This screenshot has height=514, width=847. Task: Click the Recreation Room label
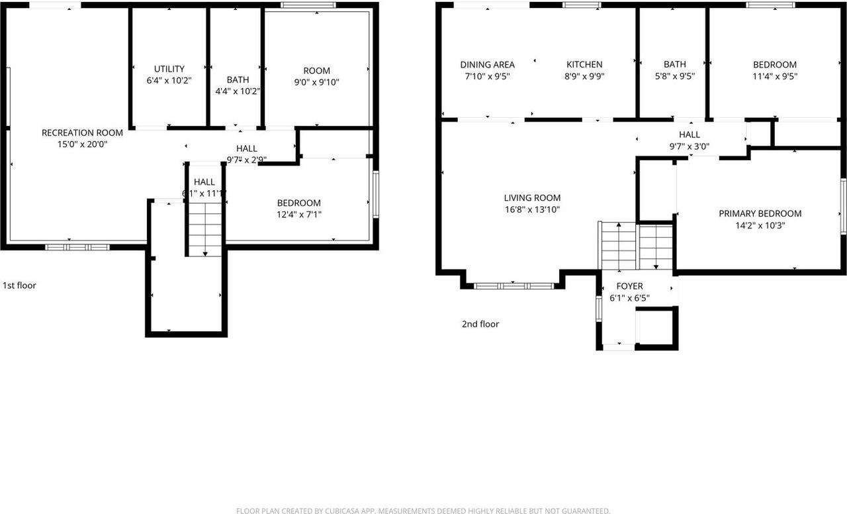(x=73, y=132)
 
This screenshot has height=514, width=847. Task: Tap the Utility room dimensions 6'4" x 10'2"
(x=169, y=80)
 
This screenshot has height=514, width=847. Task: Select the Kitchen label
(x=584, y=64)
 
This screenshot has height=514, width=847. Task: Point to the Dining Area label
(x=487, y=64)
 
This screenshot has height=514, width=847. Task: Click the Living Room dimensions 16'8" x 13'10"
(x=532, y=209)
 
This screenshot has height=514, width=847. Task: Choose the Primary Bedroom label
(x=760, y=213)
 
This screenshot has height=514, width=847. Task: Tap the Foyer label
(x=629, y=286)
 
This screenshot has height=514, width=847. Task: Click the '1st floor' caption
(x=19, y=285)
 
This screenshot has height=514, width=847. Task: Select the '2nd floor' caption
(x=480, y=324)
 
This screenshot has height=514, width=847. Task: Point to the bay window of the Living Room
(x=513, y=286)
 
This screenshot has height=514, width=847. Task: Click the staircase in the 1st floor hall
(x=205, y=229)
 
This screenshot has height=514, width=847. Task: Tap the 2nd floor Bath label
(x=674, y=64)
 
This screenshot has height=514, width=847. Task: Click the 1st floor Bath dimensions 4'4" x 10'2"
(x=238, y=91)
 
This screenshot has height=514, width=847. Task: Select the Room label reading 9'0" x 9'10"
(x=316, y=71)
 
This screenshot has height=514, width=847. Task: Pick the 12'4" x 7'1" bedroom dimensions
(x=298, y=215)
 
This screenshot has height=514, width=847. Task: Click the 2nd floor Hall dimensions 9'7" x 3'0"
(x=689, y=146)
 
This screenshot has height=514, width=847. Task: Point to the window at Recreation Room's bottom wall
(x=77, y=247)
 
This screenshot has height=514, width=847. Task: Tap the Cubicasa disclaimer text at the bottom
(x=423, y=511)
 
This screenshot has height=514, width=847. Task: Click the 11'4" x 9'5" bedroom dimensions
(x=774, y=76)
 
